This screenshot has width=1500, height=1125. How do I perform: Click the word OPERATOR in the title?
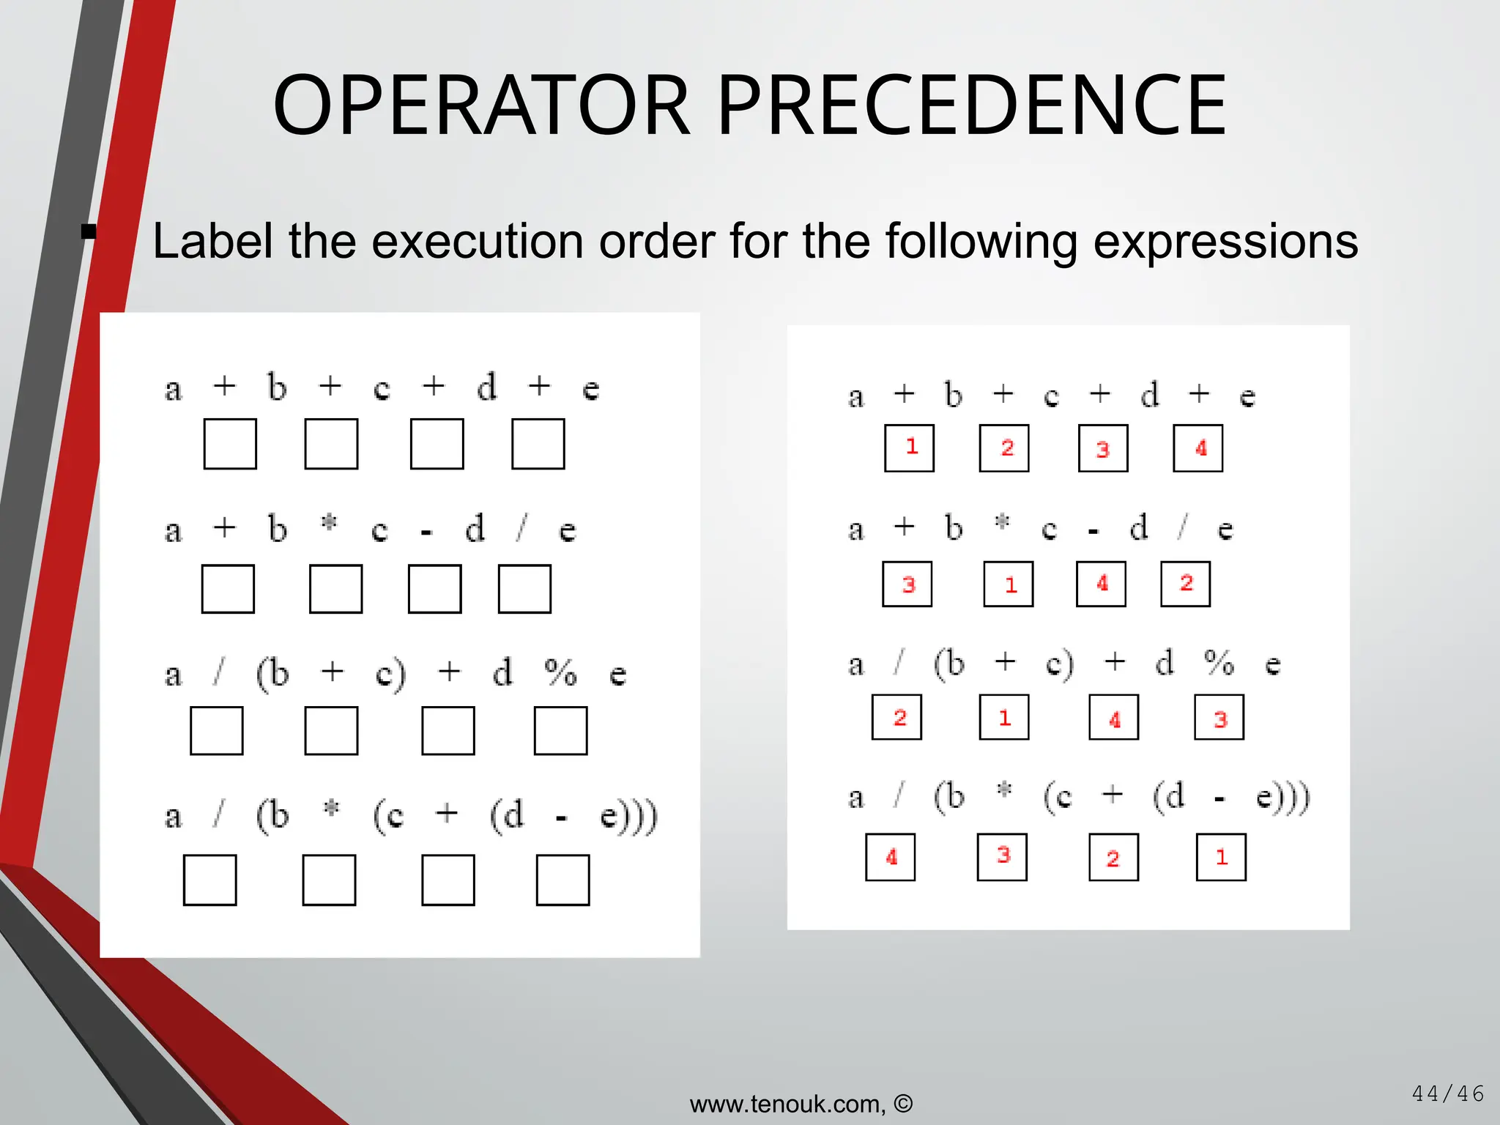click(x=481, y=106)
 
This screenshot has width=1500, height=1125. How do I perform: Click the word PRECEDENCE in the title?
click(x=971, y=106)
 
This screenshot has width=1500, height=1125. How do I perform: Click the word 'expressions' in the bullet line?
click(x=1225, y=242)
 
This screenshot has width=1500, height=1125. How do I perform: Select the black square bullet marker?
click(x=89, y=232)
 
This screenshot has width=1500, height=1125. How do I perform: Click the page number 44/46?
click(x=1447, y=1094)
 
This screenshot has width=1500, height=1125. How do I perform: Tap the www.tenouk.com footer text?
click(x=787, y=1104)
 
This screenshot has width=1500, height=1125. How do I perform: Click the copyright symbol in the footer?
click(x=903, y=1103)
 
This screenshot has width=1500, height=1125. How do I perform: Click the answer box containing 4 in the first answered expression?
click(x=1198, y=448)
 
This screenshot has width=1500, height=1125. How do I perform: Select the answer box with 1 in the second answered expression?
click(x=1009, y=584)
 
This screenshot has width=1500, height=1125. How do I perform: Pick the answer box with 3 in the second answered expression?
click(x=907, y=584)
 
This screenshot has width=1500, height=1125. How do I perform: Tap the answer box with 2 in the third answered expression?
click(x=897, y=718)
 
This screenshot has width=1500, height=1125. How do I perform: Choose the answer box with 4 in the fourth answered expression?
click(x=891, y=857)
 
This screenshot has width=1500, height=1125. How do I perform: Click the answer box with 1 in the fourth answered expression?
click(x=1221, y=857)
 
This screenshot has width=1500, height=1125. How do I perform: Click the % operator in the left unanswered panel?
click(x=561, y=672)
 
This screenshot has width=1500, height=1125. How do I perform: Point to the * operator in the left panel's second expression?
click(x=330, y=524)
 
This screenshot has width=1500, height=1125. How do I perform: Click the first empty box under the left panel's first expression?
click(x=230, y=444)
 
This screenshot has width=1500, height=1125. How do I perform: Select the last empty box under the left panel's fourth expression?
click(x=562, y=880)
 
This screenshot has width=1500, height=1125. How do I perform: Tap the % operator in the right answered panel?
click(x=1219, y=663)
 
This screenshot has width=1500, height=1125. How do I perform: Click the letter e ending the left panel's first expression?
click(x=590, y=389)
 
